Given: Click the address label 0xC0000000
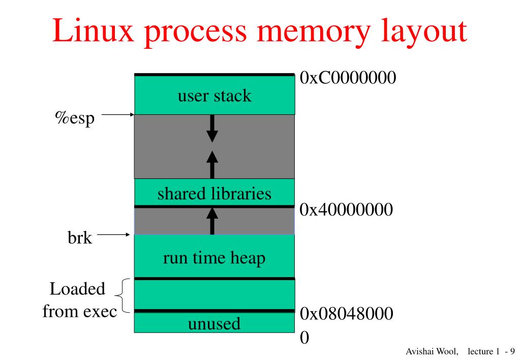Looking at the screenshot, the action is (x=348, y=78).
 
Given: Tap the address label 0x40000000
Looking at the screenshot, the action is (x=346, y=209).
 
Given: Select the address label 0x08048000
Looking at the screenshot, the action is (x=347, y=314).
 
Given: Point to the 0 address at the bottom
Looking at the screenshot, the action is (x=304, y=338).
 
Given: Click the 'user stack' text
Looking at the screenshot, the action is (x=215, y=96).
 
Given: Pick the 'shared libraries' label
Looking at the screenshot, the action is (x=214, y=193).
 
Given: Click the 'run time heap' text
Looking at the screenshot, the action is (x=214, y=258).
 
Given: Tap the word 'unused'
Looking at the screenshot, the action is (x=214, y=323).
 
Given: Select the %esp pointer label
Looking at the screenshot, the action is (x=75, y=118).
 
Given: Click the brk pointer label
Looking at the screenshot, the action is (x=80, y=237).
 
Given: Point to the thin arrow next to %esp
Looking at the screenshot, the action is (x=118, y=114).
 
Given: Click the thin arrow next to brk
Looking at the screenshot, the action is (x=114, y=234).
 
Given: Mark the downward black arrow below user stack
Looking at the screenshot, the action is (x=212, y=129).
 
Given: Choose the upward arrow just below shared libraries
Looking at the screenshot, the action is (x=212, y=221).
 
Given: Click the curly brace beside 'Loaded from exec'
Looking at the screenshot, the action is (x=123, y=295).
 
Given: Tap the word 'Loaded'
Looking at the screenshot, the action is (x=77, y=289).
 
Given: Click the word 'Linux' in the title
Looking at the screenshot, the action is (x=93, y=31).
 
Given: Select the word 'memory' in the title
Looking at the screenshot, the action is (x=313, y=32).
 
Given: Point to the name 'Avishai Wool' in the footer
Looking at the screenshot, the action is (x=432, y=351).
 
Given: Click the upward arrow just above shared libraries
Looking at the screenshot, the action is (x=212, y=165).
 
